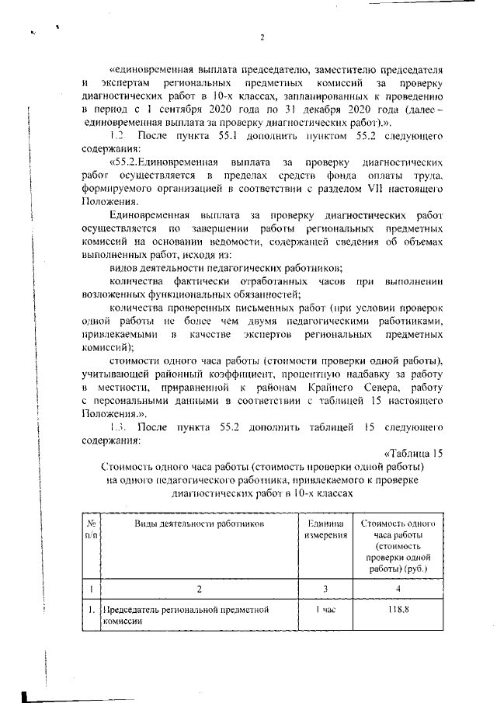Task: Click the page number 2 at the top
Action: [262, 37]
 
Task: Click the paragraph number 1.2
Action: [116, 137]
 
